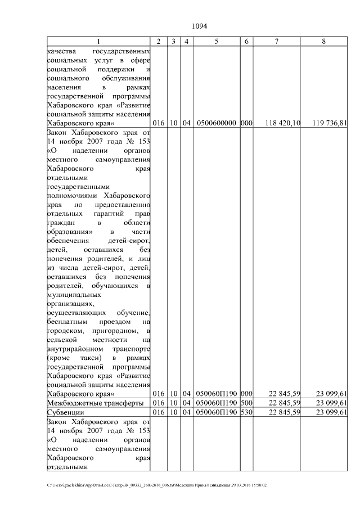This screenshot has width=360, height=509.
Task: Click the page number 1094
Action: click(200, 26)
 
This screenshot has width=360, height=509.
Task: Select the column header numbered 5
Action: click(217, 41)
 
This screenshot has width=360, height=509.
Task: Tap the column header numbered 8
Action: click(323, 41)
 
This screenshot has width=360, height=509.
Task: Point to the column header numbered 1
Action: click(98, 41)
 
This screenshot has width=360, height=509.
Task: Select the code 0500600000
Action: click(217, 123)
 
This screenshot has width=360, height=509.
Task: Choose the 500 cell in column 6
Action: click(246, 403)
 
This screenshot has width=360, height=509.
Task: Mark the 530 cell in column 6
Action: click(246, 412)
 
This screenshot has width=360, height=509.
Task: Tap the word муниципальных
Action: click(74, 294)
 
